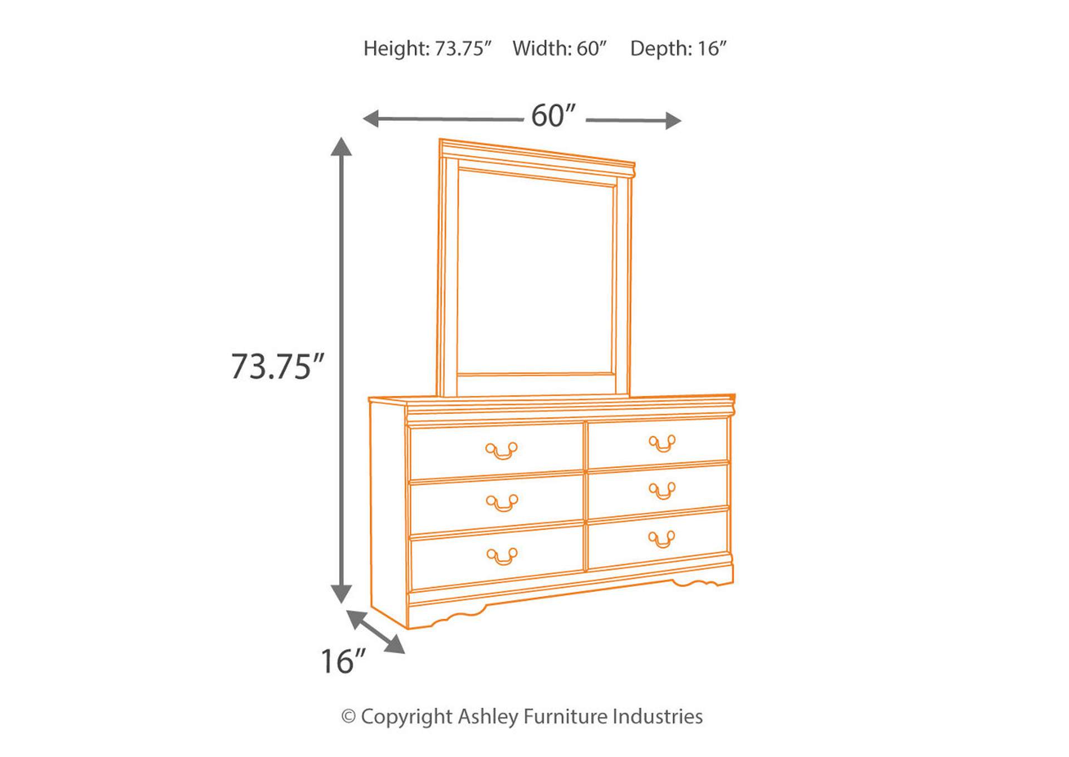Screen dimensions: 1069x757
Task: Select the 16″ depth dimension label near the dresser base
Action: pos(343,661)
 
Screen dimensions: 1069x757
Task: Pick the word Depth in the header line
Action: pos(661,49)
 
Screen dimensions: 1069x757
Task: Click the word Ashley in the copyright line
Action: pos(488,716)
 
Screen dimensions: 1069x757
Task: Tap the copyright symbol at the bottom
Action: pos(349,717)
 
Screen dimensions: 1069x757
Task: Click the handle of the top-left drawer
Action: pos(502,451)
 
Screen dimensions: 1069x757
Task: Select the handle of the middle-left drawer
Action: pos(502,503)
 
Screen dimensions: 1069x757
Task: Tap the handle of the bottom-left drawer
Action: pos(502,556)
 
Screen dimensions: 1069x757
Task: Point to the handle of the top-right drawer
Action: pos(662,443)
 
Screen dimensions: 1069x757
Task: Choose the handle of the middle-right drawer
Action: pos(662,491)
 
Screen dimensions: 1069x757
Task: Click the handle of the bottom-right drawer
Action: pos(662,538)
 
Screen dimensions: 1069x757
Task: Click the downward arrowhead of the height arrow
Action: pos(341,594)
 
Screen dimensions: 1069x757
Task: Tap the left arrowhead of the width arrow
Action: pos(371,118)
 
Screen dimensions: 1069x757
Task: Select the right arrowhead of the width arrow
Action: pos(673,121)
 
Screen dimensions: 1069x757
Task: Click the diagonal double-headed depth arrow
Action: pos(376,632)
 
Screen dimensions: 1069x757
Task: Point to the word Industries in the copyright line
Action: pos(658,716)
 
